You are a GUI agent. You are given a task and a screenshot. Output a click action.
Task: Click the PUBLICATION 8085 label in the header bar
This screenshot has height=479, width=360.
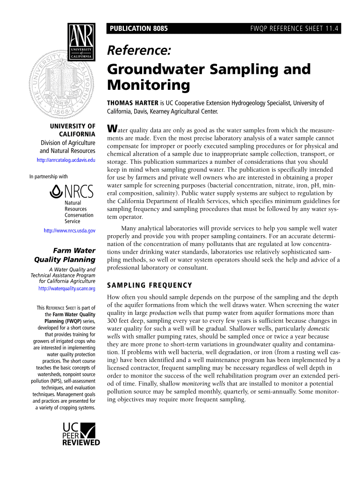tap(138, 29)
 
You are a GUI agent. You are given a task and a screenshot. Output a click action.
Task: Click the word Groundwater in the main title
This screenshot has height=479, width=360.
tap(157, 69)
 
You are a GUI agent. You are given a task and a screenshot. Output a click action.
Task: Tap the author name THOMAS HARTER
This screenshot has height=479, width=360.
tap(133, 103)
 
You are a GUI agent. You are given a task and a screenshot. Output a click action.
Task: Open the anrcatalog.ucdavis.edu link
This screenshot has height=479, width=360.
tap(66, 160)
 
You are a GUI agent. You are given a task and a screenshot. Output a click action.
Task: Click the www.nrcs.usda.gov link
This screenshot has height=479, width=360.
tap(69, 231)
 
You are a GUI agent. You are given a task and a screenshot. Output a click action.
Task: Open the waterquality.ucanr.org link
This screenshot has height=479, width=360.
tap(66, 289)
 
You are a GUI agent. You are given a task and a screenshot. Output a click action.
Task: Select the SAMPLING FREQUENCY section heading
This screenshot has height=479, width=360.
tap(149, 285)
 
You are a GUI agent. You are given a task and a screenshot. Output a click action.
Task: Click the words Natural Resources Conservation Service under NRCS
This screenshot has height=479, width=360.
tap(79, 212)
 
